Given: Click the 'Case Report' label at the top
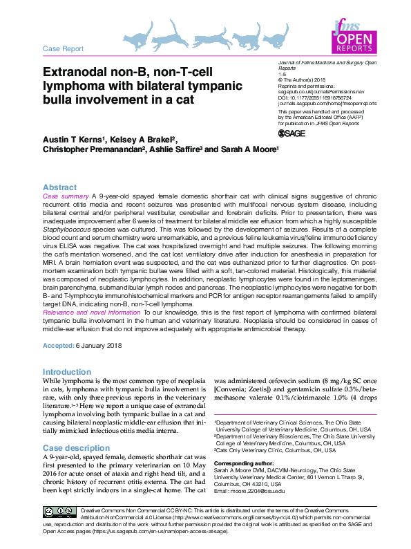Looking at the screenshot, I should click(x=63, y=49).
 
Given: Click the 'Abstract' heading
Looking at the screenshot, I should click(x=60, y=187).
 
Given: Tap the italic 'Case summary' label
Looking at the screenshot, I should click(x=66, y=197).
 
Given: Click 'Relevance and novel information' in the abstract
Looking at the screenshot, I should click(x=91, y=313).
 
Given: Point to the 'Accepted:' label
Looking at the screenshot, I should click(x=59, y=345).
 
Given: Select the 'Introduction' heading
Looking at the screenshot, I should click(x=67, y=371).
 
